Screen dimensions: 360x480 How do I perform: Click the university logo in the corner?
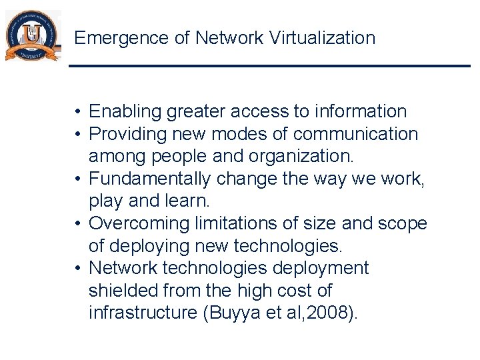[32, 37]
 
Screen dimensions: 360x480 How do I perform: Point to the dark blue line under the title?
[269, 65]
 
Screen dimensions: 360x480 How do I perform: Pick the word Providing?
[128, 134]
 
